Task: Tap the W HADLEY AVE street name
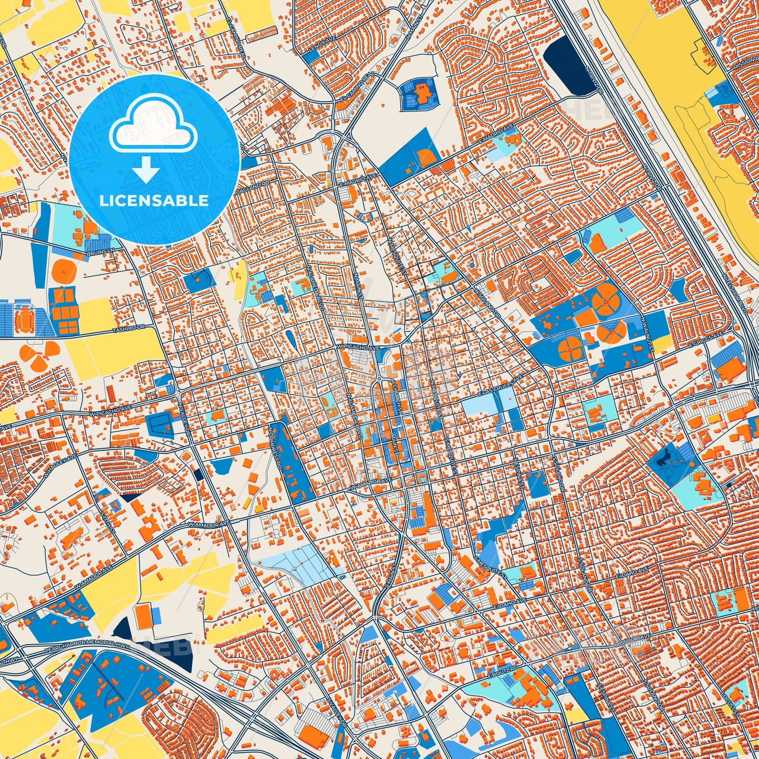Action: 61,466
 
